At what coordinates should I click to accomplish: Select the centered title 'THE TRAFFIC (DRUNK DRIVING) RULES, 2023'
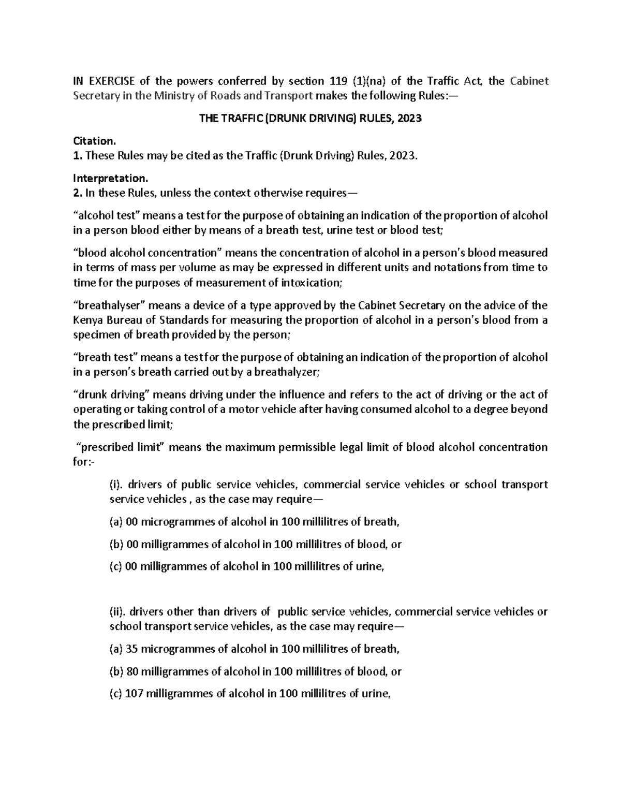click(x=310, y=119)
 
